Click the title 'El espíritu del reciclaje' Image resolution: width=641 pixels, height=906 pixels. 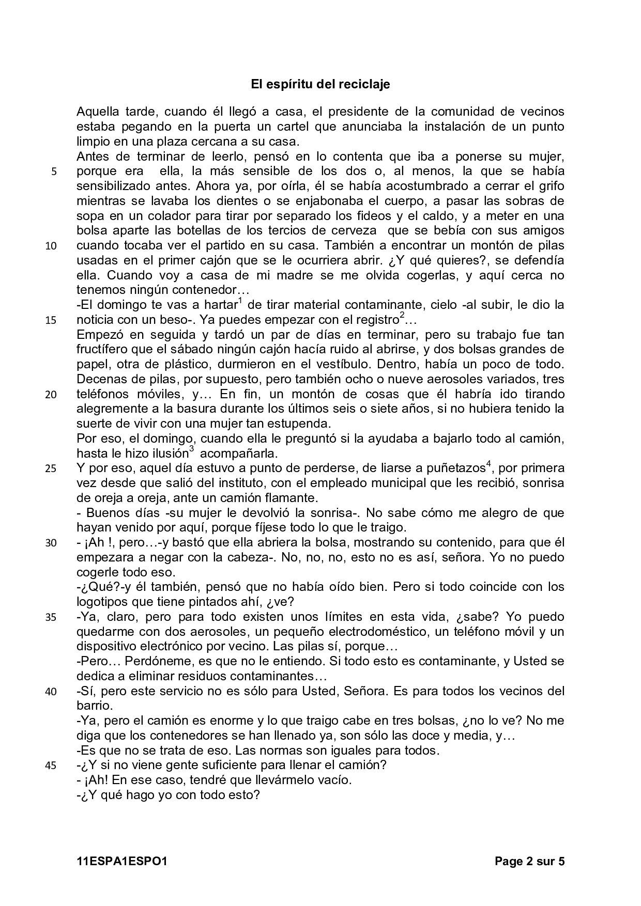[320, 84]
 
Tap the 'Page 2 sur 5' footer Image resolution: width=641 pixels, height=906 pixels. [529, 861]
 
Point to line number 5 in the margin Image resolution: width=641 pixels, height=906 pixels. [54, 172]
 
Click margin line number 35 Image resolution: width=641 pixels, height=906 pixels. [51, 618]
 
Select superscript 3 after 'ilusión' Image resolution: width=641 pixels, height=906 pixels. [191, 450]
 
